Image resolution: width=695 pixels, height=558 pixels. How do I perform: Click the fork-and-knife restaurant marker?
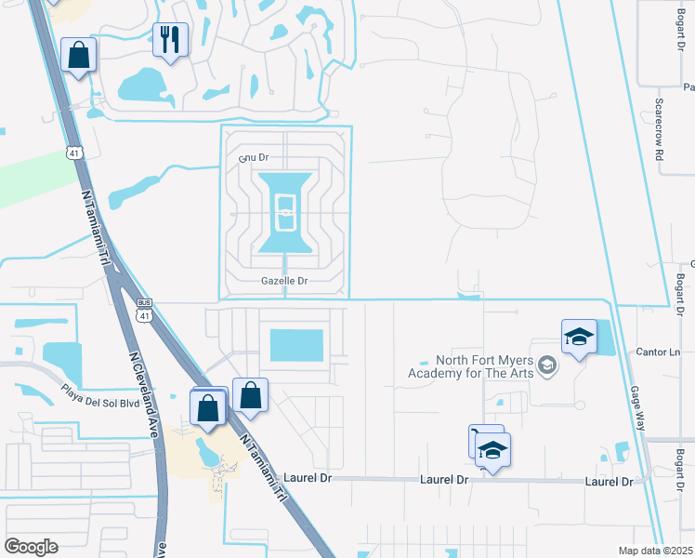[x=170, y=39]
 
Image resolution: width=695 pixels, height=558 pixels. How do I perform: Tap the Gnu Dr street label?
[x=254, y=158]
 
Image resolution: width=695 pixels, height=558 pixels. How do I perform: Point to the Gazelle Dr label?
[x=283, y=280]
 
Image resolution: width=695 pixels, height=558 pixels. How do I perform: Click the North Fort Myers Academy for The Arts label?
[x=473, y=368]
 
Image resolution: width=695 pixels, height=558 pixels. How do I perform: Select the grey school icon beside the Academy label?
[x=547, y=365]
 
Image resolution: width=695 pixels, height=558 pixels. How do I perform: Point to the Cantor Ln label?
[x=661, y=352]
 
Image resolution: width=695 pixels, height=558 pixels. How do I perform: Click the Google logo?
[x=31, y=546]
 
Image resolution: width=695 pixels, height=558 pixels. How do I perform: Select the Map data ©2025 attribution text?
[x=654, y=551]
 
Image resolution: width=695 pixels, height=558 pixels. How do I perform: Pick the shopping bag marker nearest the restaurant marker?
[x=79, y=54]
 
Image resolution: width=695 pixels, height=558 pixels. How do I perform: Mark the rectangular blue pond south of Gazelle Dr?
[x=295, y=345]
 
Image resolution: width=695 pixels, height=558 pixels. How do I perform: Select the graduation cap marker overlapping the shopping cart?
[x=492, y=451]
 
